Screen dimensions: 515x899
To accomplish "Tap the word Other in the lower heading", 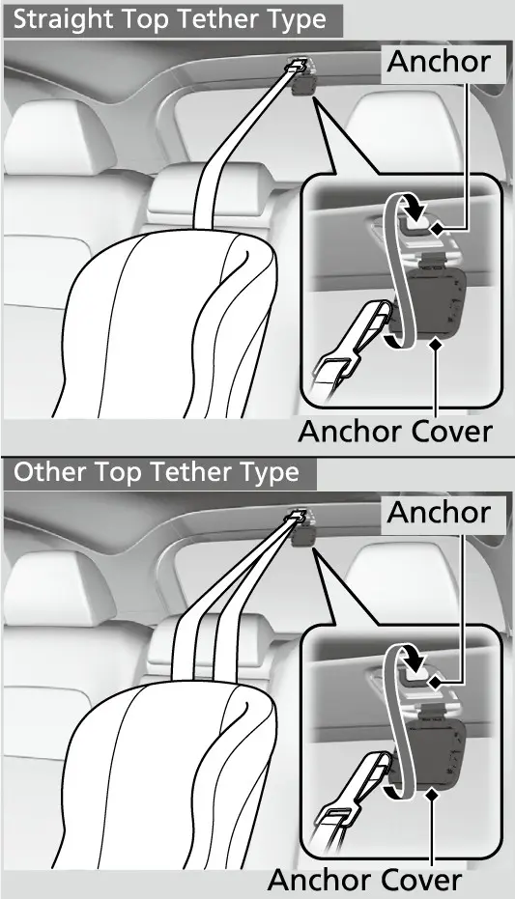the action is (50, 472).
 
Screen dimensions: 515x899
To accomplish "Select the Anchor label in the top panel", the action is (439, 62).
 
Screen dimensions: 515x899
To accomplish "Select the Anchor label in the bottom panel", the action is (439, 513).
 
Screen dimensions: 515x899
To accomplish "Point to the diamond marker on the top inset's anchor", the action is (438, 229).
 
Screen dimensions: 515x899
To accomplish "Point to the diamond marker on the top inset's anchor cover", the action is (437, 344).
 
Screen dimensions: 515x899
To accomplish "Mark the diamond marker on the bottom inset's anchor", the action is (437, 683).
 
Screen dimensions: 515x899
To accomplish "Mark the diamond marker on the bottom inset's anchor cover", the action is (433, 795).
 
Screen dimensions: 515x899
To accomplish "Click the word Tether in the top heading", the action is (215, 20).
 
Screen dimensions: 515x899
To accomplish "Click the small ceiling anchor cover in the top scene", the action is (303, 85).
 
